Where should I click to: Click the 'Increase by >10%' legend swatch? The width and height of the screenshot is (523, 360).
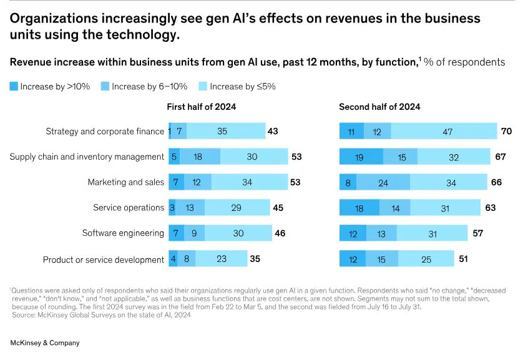click(14, 87)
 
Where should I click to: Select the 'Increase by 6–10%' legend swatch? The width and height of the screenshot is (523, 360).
click(105, 87)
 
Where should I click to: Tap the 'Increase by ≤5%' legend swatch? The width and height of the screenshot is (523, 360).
click(203, 87)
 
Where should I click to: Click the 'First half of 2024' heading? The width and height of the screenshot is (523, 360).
click(201, 107)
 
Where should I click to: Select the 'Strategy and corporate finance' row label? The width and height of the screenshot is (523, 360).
click(105, 131)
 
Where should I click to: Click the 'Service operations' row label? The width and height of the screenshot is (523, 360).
click(129, 208)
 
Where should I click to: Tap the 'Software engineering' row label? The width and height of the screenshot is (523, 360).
click(123, 233)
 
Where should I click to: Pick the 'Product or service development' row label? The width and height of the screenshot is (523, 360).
click(104, 259)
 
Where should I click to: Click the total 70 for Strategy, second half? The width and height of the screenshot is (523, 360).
click(507, 131)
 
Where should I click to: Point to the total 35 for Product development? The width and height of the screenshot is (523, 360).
click(255, 258)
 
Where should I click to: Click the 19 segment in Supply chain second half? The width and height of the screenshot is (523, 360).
click(360, 157)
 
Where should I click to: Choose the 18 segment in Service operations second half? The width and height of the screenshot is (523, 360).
click(359, 208)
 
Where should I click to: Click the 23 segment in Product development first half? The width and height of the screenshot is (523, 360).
click(222, 259)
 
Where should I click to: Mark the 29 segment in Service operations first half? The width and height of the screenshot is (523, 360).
click(236, 208)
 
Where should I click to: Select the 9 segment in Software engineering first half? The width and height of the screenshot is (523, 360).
click(194, 233)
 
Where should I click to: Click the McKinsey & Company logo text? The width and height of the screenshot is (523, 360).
click(45, 343)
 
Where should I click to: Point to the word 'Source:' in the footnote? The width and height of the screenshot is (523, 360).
click(24, 315)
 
